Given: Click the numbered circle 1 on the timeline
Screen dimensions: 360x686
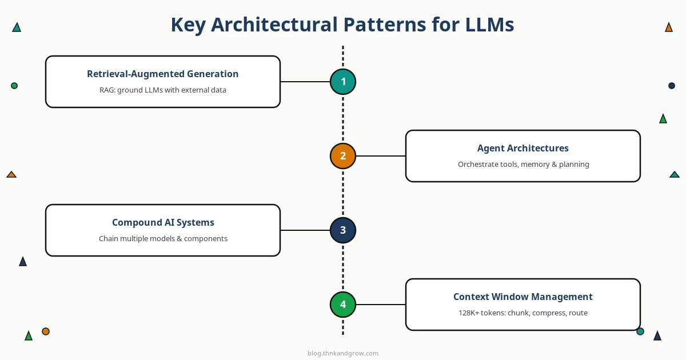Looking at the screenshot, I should tap(343, 82).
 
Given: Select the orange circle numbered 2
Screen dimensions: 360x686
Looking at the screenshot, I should tap(343, 156).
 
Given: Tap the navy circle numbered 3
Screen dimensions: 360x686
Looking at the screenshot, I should tap(343, 230).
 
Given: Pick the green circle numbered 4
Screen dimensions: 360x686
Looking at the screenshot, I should tap(343, 305).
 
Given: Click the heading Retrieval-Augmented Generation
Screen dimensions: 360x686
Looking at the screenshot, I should tap(163, 74).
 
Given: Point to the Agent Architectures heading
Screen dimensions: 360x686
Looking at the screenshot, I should tap(523, 148).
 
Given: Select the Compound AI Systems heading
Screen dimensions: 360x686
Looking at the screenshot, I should tap(163, 222).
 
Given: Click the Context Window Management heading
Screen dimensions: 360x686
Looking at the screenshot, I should tap(523, 297).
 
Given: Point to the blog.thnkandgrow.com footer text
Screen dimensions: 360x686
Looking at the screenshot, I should tap(343, 353).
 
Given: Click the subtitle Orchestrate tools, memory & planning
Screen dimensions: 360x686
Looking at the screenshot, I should tap(523, 165).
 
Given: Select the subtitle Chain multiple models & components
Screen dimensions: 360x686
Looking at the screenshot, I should tap(163, 239).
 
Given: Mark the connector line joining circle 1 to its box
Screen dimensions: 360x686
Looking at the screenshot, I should tap(305, 82).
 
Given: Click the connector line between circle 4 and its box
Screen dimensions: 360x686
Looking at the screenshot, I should tap(381, 305).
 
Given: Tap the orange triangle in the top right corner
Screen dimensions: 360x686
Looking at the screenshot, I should tap(669, 27).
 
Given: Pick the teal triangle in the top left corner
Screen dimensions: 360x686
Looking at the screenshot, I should tap(17, 27).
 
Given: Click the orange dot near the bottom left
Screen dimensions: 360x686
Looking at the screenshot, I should tap(46, 331).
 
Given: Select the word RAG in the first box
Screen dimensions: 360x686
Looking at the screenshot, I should tap(107, 90).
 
